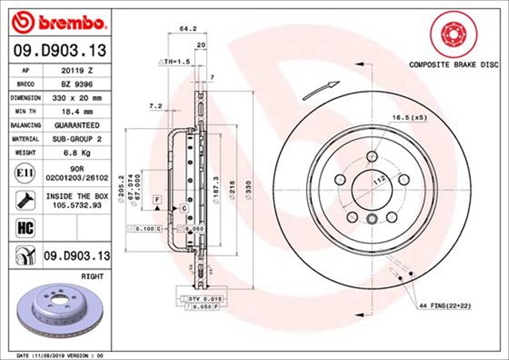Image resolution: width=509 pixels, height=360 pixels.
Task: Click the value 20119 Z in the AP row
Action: coord(78,70)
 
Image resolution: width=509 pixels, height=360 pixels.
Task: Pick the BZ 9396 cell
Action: coord(78,83)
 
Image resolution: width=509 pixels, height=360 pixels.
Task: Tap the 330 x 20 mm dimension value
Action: coord(78,98)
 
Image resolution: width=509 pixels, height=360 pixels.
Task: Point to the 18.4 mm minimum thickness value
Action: coord(78,111)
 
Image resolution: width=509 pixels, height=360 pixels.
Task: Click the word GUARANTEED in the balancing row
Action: coord(78,126)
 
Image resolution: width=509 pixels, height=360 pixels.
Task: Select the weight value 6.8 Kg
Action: coord(78,153)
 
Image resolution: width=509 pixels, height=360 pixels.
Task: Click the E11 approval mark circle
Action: coord(23,171)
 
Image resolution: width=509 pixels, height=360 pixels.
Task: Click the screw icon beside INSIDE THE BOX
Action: coord(23,199)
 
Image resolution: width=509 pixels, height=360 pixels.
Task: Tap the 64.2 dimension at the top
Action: coord(188,29)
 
